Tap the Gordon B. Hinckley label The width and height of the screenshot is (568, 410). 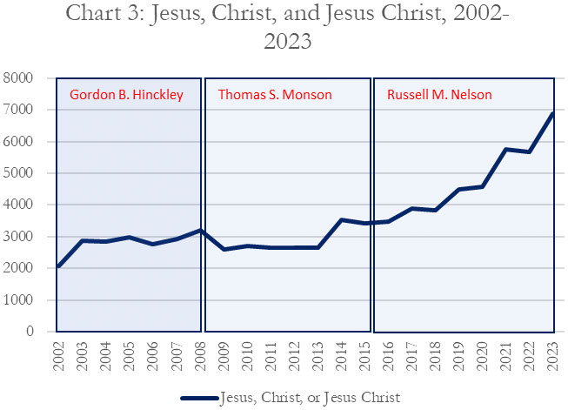pos(126,94)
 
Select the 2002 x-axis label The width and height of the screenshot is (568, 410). pos(59,354)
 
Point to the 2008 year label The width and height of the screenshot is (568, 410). pos(201,354)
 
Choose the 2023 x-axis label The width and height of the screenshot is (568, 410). pos(554,354)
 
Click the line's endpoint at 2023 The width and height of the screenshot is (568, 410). pos(554,114)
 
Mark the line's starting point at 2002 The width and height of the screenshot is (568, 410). pos(59,266)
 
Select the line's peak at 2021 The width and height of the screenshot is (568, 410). pos(507,149)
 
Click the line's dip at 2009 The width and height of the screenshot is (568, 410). pos(224,249)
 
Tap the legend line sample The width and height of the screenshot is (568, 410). pos(202,397)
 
